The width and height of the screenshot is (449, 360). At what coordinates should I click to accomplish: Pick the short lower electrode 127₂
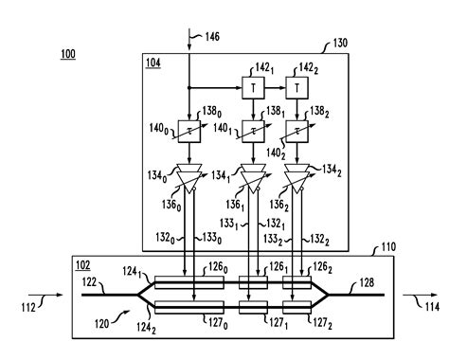297,307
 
